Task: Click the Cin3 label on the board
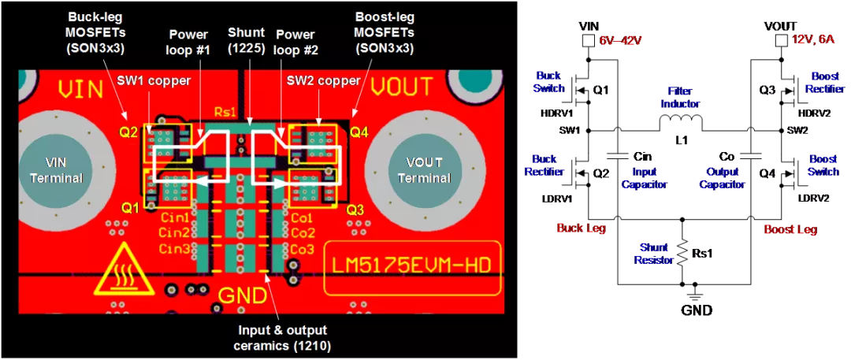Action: [175, 249]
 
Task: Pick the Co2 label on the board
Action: [303, 233]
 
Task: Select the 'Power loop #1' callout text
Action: [188, 43]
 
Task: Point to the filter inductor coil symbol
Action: [681, 123]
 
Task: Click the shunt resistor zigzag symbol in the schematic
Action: [682, 253]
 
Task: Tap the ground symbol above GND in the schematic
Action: [693, 293]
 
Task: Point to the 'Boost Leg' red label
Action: [790, 230]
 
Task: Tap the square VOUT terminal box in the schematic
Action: [781, 40]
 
